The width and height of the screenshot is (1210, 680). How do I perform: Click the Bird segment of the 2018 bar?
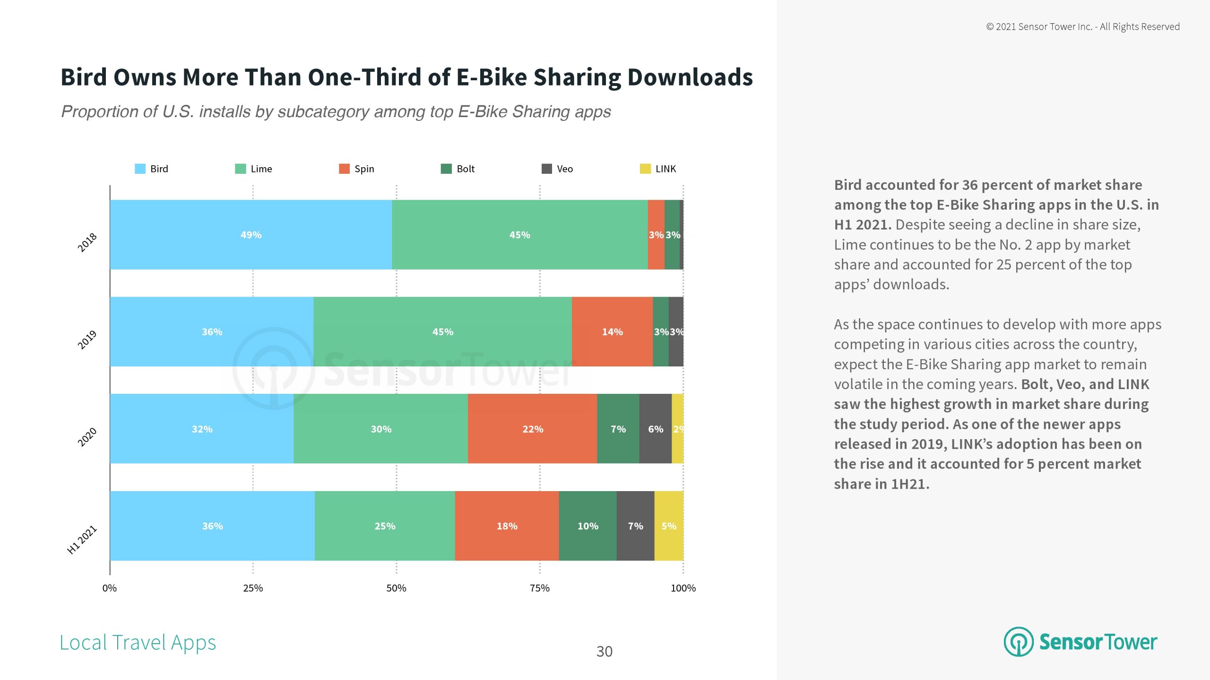click(x=251, y=235)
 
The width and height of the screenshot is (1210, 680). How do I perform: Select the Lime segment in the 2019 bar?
click(x=442, y=331)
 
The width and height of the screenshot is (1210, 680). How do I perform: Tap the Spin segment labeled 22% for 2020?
click(x=532, y=429)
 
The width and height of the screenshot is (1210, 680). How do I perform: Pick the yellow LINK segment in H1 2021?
click(x=669, y=526)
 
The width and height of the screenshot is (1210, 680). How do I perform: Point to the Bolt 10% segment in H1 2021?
click(x=588, y=526)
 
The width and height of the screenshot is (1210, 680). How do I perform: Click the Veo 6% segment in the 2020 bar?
click(x=655, y=429)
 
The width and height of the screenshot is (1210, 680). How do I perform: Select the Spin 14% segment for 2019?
click(x=612, y=331)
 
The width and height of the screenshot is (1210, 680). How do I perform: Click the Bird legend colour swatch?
click(x=140, y=169)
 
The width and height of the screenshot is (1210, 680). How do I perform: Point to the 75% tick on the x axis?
click(x=540, y=588)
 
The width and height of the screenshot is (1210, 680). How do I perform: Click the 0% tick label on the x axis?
click(x=110, y=588)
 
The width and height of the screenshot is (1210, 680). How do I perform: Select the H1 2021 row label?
click(x=82, y=540)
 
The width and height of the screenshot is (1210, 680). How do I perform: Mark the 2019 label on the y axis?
click(x=87, y=340)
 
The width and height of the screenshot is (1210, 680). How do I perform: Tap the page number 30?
click(x=604, y=652)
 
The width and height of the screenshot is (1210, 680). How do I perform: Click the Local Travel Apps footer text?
click(x=138, y=643)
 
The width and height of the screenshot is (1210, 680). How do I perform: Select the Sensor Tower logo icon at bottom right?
click(x=1019, y=642)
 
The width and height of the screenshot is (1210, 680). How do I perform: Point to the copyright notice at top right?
click(x=1082, y=27)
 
